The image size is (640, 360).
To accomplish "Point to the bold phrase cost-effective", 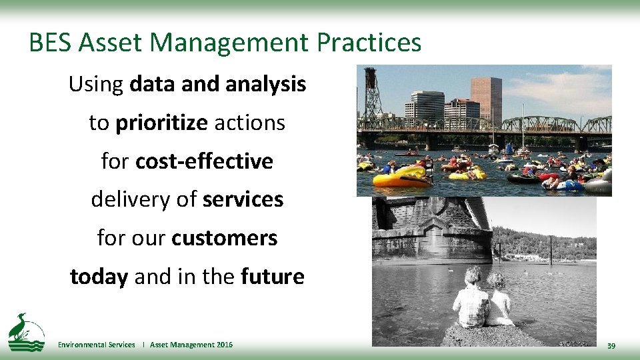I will (204, 161).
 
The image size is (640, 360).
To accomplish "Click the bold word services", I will (243, 199).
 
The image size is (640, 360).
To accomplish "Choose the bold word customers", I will (224, 238).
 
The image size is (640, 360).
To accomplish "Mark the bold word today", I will (99, 277).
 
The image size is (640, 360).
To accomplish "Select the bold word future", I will (272, 277).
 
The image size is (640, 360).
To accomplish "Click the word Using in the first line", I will (96, 85).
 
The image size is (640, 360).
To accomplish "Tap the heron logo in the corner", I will (25, 332).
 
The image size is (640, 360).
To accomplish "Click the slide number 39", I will (611, 345).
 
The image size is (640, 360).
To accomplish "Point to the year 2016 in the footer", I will (225, 345).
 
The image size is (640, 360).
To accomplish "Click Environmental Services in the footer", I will (96, 345).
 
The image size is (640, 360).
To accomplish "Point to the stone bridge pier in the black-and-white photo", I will (433, 227).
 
